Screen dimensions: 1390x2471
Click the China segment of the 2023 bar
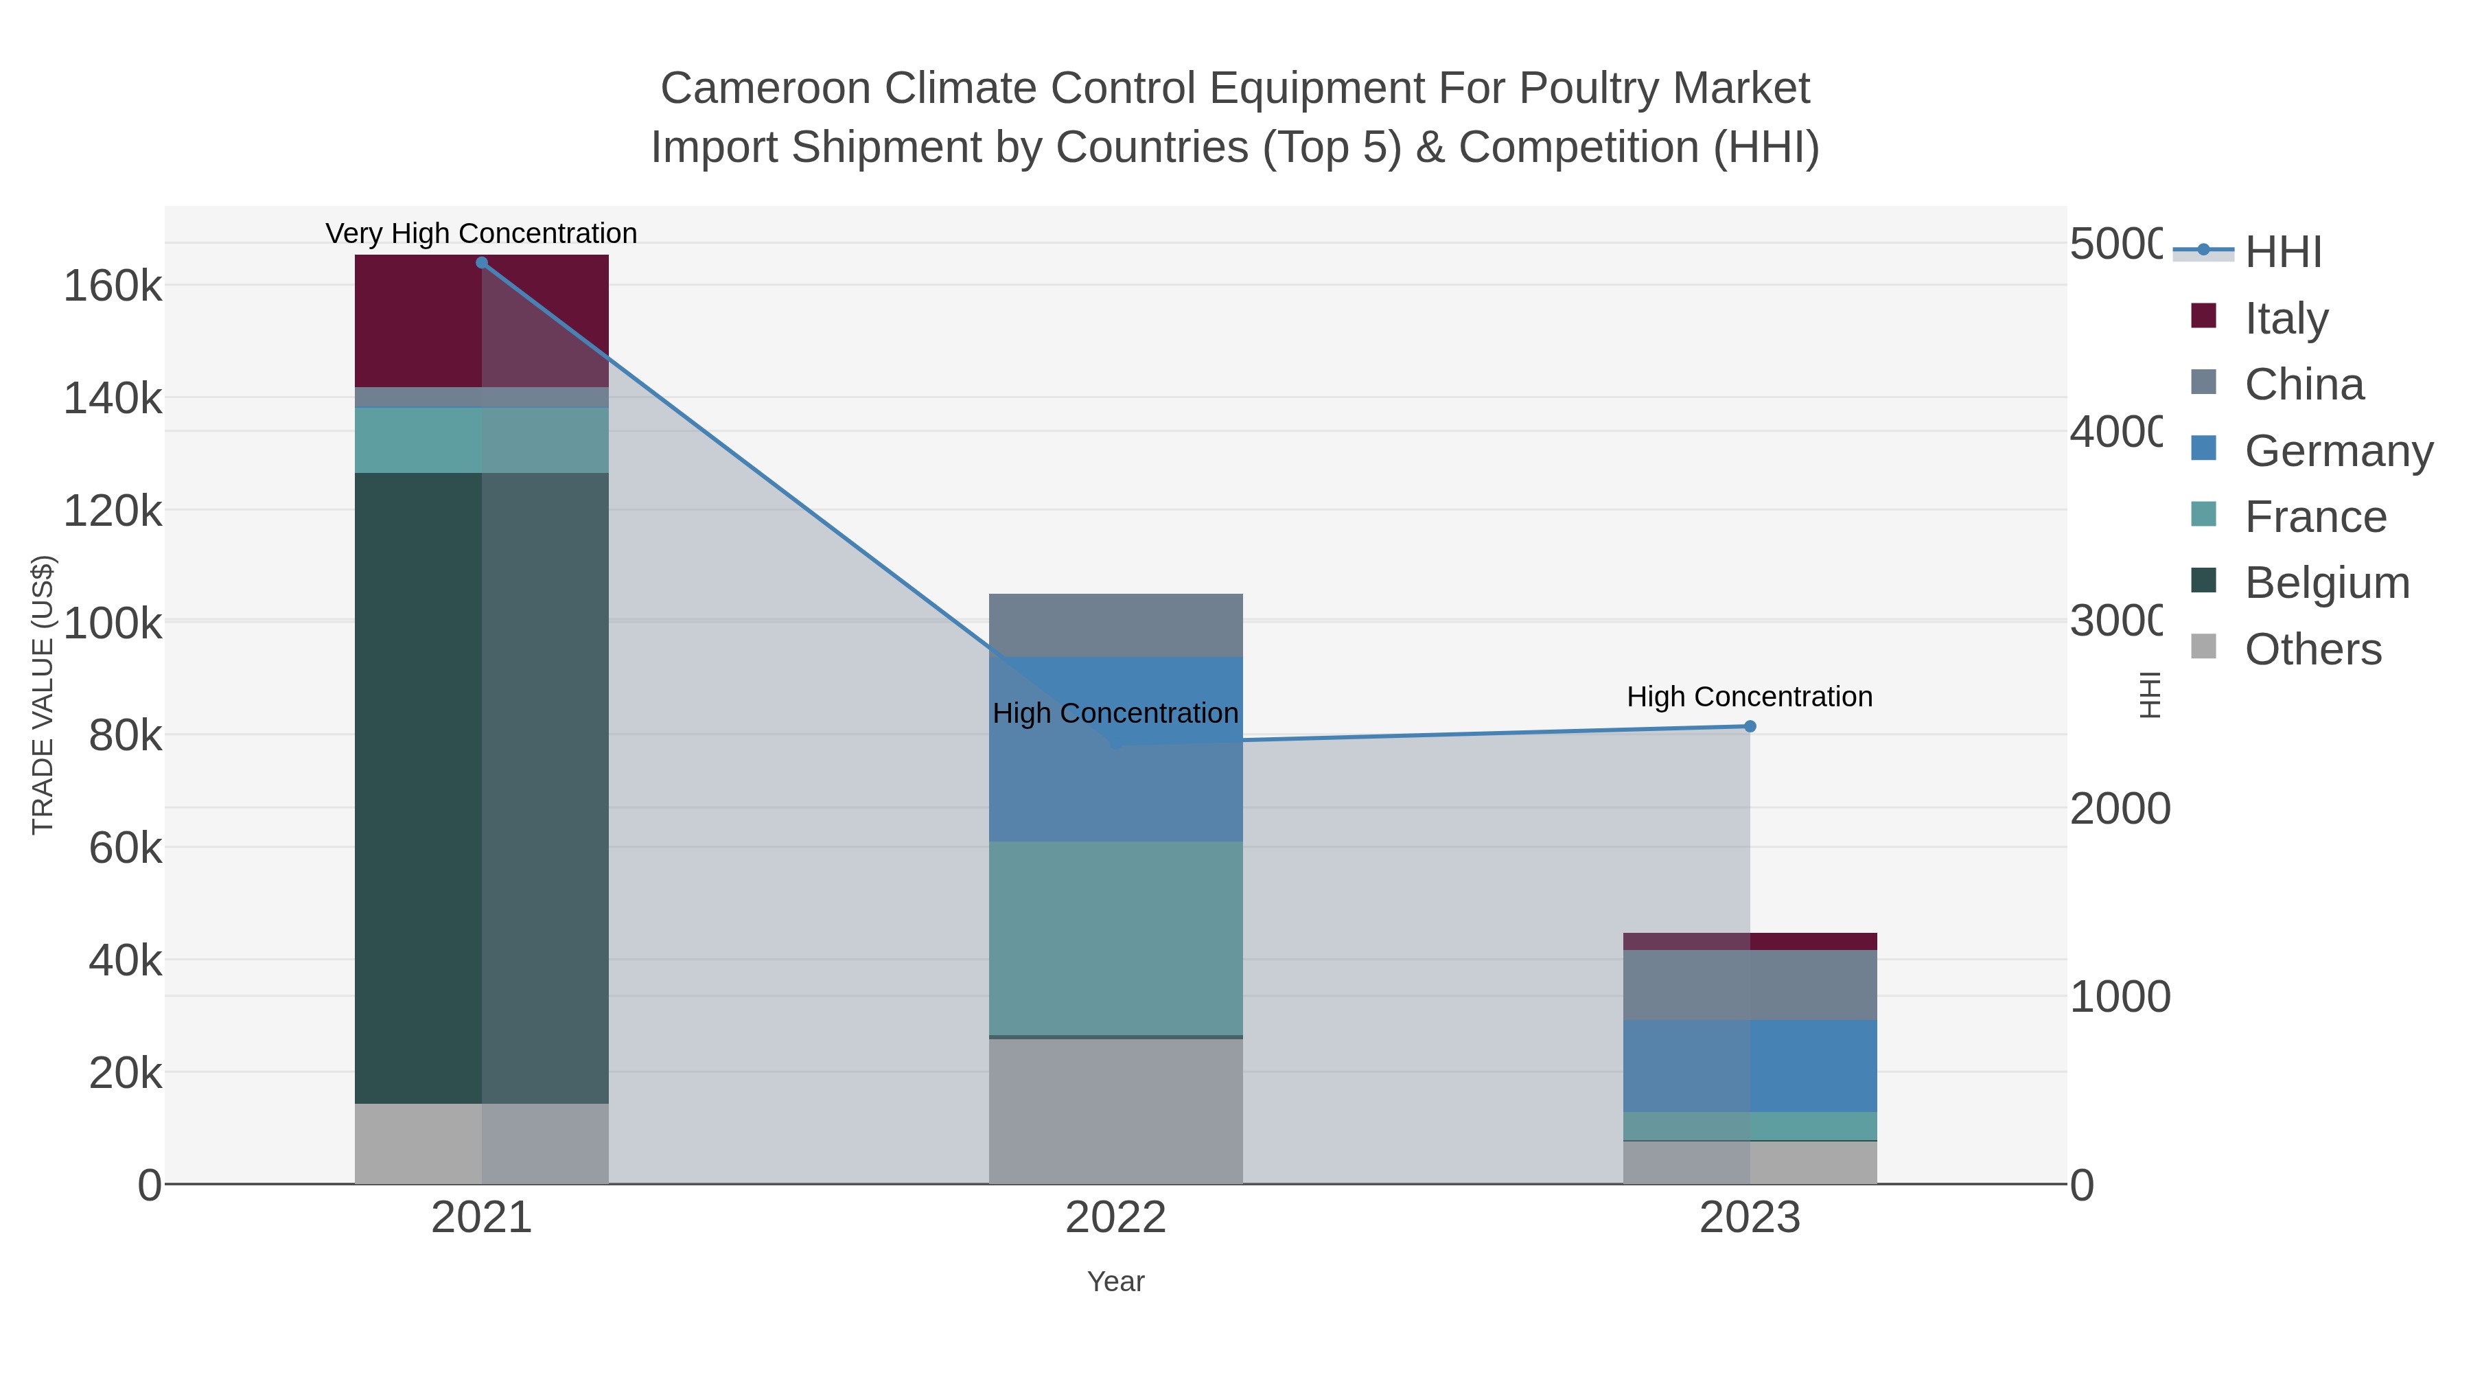click(x=1750, y=984)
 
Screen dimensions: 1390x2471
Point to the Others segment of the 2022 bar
click(x=1115, y=1111)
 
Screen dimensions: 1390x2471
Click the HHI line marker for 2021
click(x=482, y=263)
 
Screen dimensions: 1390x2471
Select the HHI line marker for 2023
click(x=1750, y=726)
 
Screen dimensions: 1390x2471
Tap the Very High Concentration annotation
click(x=482, y=233)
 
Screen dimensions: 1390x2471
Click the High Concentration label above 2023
click(x=1750, y=697)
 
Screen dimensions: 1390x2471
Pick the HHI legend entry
click(x=2283, y=251)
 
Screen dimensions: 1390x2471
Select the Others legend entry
click(x=2312, y=649)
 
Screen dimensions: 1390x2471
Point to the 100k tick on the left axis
click(x=113, y=623)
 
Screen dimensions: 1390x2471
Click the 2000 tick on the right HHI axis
click(x=2119, y=809)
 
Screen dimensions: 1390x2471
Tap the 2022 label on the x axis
click(x=1115, y=1217)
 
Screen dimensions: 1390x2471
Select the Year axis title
click(x=1115, y=1282)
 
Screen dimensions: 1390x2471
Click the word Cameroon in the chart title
click(x=765, y=89)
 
